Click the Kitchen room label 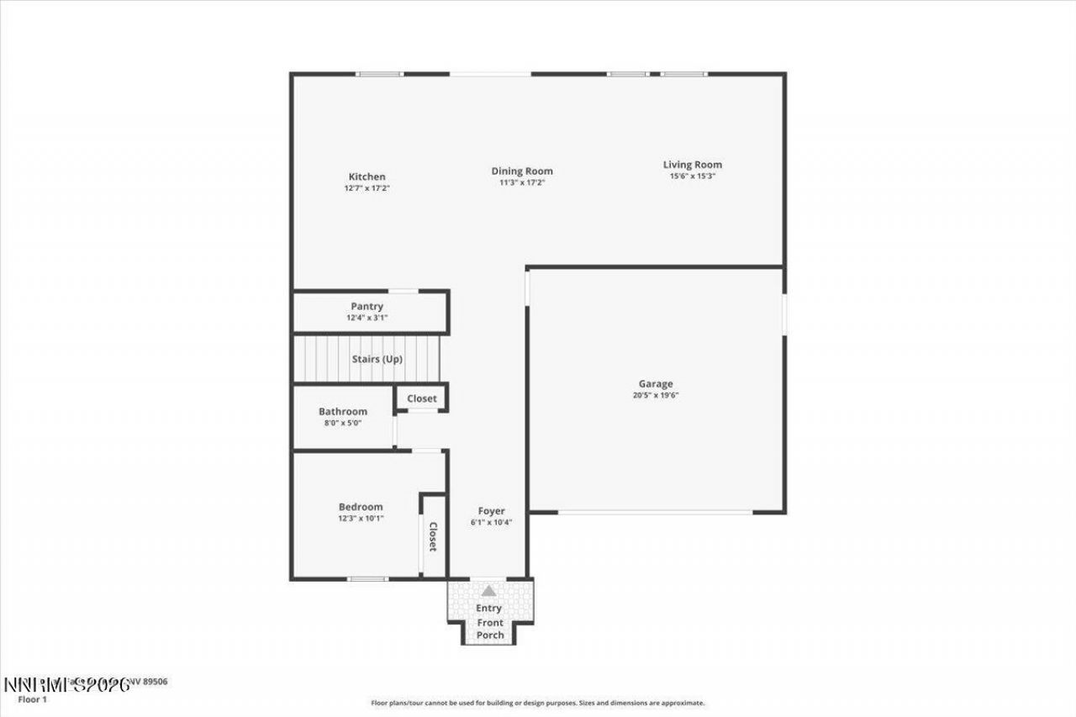[x=367, y=177]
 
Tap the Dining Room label [x=522, y=171]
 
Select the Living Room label [x=692, y=165]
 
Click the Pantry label [x=367, y=307]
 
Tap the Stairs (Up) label [x=377, y=359]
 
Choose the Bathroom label [x=343, y=411]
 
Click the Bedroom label [x=361, y=507]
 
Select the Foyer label [x=492, y=511]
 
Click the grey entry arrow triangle [x=488, y=591]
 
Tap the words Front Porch [x=490, y=629]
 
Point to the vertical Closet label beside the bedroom [x=433, y=536]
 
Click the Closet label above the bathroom [x=421, y=398]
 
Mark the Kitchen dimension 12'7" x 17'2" [x=367, y=188]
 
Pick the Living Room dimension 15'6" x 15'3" [x=692, y=177]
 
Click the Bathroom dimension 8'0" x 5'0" [x=343, y=423]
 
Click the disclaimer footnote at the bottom [x=538, y=703]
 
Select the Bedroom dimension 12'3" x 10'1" [x=361, y=519]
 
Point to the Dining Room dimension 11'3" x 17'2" [x=522, y=182]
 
